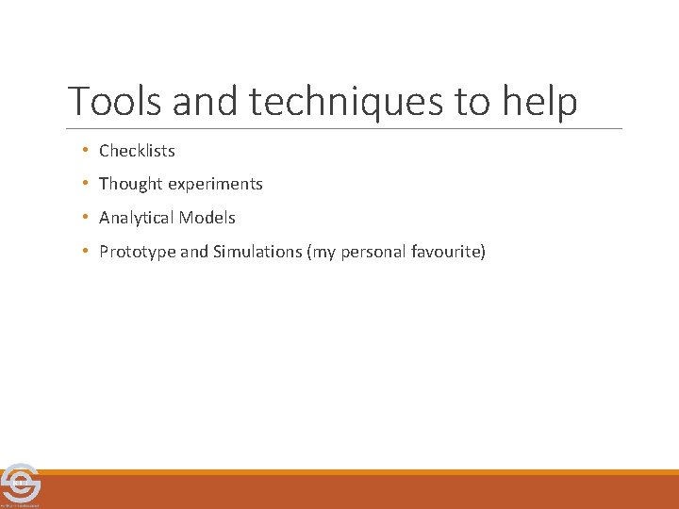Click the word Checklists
(137, 151)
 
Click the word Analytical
(136, 218)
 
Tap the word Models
(207, 218)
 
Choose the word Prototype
(136, 252)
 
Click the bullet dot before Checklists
(85, 151)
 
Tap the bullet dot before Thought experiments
(85, 184)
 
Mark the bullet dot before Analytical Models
(85, 218)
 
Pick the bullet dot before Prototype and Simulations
(85, 252)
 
